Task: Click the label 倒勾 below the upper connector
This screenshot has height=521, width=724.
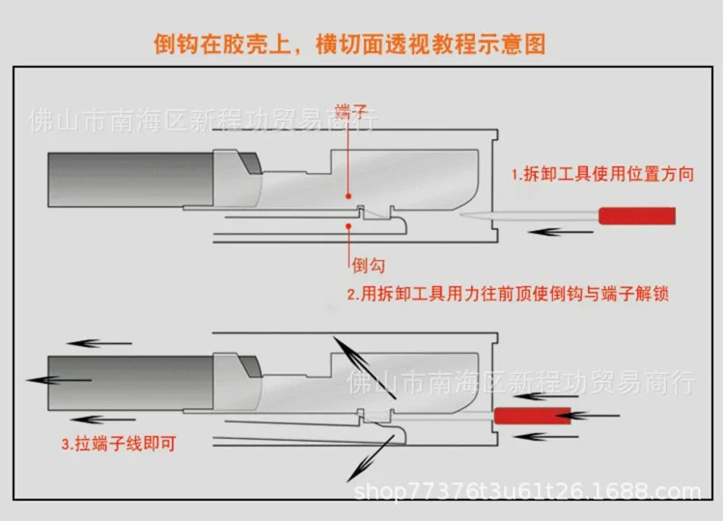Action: pyautogui.click(x=358, y=263)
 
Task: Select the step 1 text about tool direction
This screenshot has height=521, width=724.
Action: pyautogui.click(x=596, y=175)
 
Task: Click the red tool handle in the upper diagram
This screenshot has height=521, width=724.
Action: pyautogui.click(x=637, y=215)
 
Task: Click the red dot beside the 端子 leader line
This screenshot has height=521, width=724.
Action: pyautogui.click(x=348, y=193)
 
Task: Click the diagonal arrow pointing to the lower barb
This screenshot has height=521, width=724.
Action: pyautogui.click(x=372, y=454)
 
